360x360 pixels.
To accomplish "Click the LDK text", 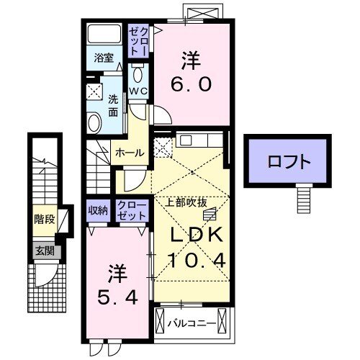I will click(x=197, y=236).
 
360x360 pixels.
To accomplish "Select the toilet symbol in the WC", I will click(x=139, y=76).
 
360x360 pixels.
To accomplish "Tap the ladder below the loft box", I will click(x=305, y=198).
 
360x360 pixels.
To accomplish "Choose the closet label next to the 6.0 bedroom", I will click(x=138, y=40).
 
